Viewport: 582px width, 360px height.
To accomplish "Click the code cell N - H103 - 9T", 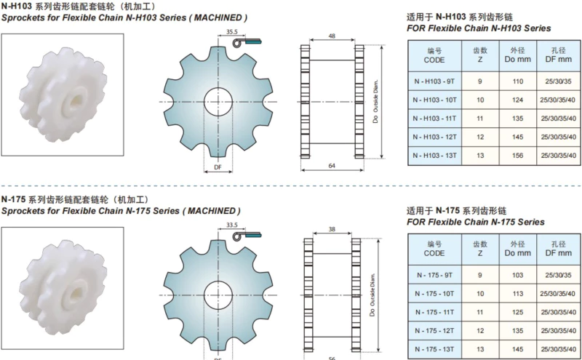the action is click(434, 81).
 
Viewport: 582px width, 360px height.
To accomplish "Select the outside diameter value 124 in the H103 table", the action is click(517, 100).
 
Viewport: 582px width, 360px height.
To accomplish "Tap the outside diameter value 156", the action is click(517, 156).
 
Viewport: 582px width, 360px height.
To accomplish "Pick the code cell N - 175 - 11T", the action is click(434, 312).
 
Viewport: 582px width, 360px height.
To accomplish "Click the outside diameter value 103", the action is click(517, 275).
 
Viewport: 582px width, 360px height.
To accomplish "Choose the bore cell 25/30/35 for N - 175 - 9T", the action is click(558, 275).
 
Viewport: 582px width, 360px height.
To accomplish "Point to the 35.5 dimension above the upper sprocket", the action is click(232, 32).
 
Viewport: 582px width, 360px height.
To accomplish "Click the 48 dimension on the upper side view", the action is click(332, 36).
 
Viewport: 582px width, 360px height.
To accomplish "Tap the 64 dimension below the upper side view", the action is click(332, 166).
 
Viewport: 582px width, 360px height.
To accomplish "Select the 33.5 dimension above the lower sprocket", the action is click(232, 225).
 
